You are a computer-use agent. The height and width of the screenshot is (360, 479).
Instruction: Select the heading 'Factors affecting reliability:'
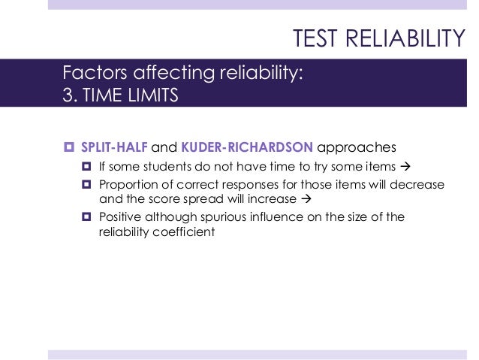(183, 74)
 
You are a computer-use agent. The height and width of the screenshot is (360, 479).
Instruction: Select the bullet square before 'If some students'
(86, 165)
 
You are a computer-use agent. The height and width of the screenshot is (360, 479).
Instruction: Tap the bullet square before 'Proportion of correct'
(86, 185)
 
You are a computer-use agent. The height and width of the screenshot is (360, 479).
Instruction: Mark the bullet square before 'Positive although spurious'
(86, 218)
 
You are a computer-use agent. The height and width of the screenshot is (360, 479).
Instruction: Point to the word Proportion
(129, 185)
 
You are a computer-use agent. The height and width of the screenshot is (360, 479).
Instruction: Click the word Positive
(122, 218)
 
